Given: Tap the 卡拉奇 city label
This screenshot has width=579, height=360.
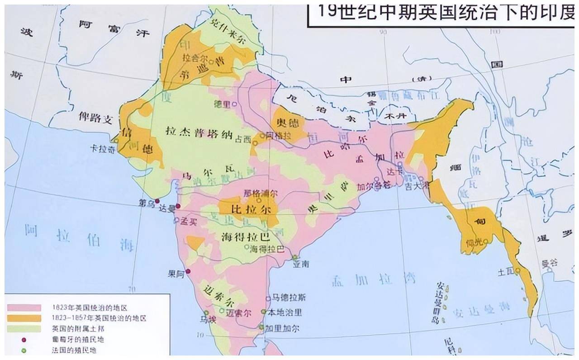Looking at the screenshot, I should (x=102, y=150).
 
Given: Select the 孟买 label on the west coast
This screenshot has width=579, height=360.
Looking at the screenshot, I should (x=189, y=221).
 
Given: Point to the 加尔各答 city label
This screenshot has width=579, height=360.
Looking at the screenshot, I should (x=367, y=186).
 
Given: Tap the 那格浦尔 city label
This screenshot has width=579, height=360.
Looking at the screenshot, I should (x=261, y=193).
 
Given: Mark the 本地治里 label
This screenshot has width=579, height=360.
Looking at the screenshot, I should (x=285, y=312).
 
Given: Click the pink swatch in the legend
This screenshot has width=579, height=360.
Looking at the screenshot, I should (x=24, y=308).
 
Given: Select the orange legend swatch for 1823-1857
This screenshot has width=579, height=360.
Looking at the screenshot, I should (x=24, y=318).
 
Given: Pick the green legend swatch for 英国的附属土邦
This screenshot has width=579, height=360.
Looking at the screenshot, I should (x=24, y=329).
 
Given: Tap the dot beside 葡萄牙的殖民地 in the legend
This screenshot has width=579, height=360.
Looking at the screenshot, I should (x=24, y=340).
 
